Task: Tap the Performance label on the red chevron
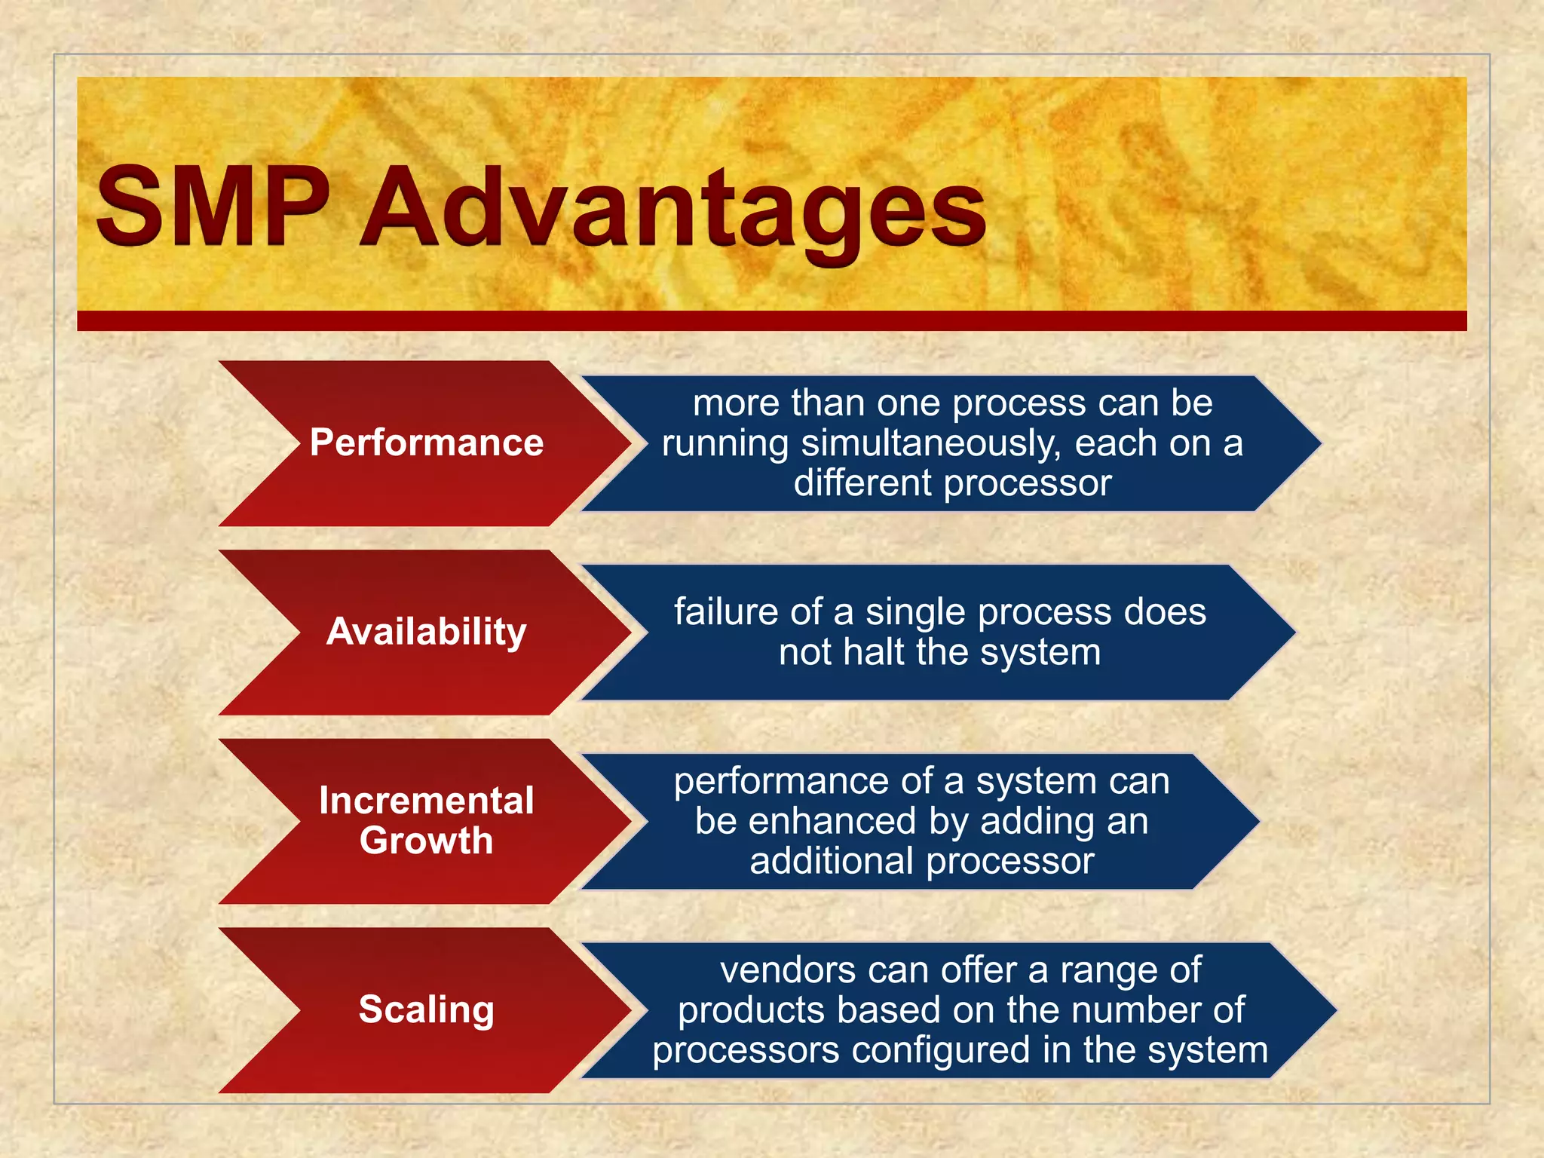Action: pyautogui.click(x=426, y=443)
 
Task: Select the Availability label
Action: pyautogui.click(x=426, y=632)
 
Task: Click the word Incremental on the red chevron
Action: pyautogui.click(x=426, y=801)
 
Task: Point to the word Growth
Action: pyautogui.click(x=426, y=841)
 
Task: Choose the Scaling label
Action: pyautogui.click(x=426, y=1009)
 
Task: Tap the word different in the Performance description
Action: pyautogui.click(x=862, y=483)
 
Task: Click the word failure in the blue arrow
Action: pyautogui.click(x=725, y=612)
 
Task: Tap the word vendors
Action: pyautogui.click(x=786, y=970)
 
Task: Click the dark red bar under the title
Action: pyautogui.click(x=771, y=320)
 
